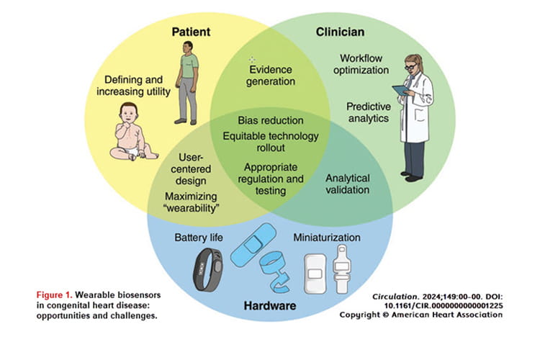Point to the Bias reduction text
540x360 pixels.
coord(270,120)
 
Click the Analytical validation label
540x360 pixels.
coord(348,184)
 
